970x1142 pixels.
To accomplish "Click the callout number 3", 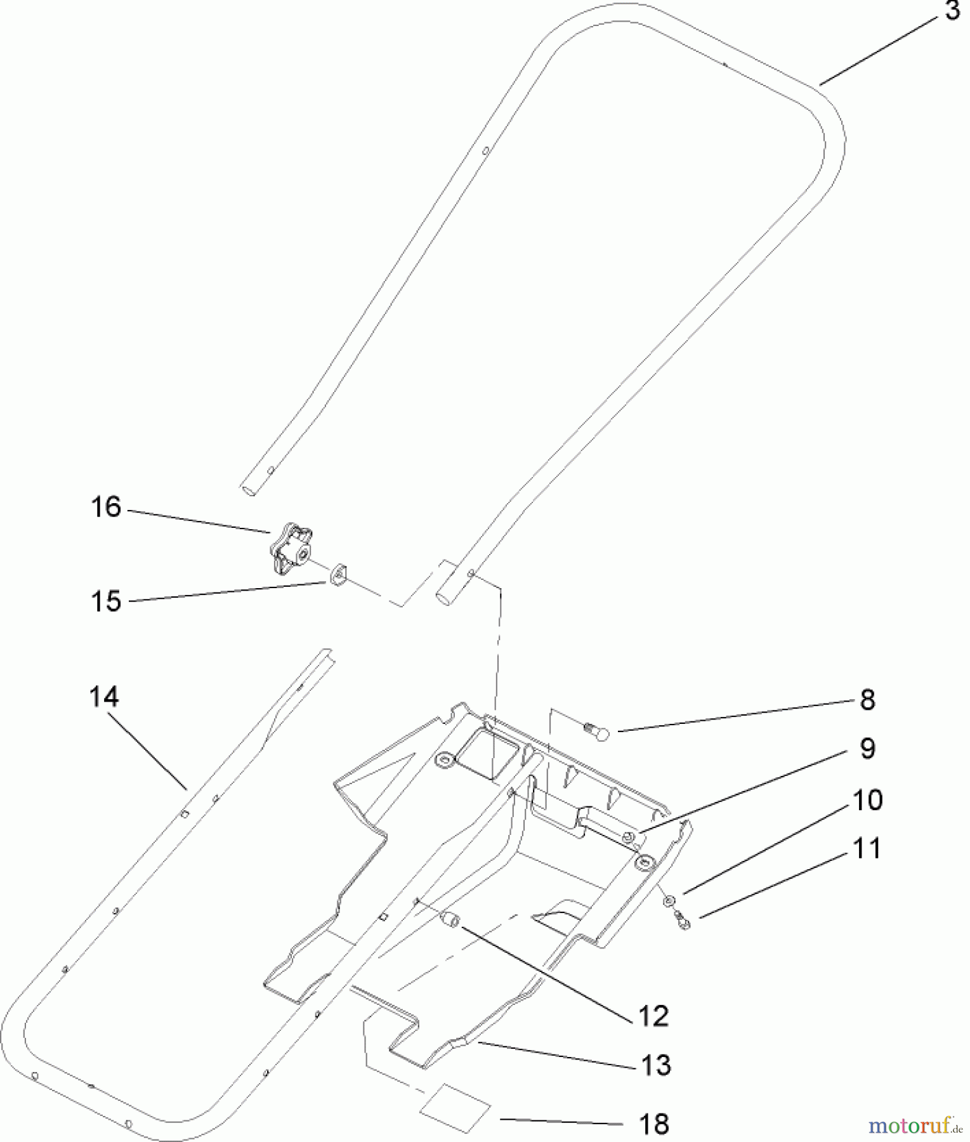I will (x=952, y=11).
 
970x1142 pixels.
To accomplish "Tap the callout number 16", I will (x=106, y=508).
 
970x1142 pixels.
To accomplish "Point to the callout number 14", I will (x=103, y=697).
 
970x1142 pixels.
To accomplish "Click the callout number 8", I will (x=867, y=700).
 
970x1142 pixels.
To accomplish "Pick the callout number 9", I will (x=867, y=749).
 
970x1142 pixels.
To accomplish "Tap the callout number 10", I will (x=867, y=801).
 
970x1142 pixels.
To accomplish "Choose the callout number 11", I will (x=867, y=849).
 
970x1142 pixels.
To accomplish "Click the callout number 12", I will (x=654, y=1016).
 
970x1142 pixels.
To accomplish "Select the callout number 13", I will (x=655, y=1066).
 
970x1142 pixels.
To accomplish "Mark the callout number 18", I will (x=654, y=1124).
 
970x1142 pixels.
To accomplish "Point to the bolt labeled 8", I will (x=596, y=733).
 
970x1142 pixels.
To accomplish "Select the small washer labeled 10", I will (x=669, y=901).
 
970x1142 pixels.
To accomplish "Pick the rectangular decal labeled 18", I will (x=457, y=1106).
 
